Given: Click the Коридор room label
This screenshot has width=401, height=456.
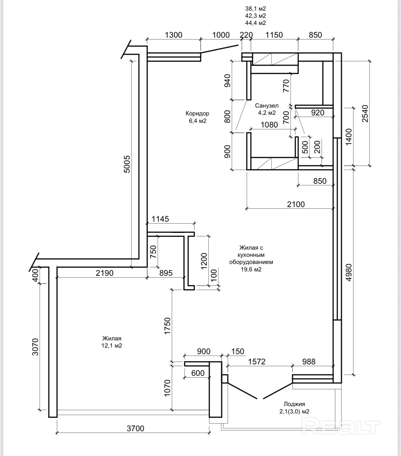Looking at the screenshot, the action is [x=197, y=113].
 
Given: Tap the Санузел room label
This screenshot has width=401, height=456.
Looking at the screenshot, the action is [x=267, y=106].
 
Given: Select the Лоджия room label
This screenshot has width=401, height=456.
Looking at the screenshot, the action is [x=294, y=404].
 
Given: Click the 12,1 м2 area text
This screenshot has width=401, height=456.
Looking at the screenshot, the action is [x=112, y=345].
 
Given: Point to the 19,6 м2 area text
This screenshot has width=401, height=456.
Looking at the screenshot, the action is [x=251, y=269].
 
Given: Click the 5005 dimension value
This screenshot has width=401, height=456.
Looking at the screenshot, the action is [x=127, y=164].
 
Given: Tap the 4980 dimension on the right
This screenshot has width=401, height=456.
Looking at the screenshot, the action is [x=349, y=272].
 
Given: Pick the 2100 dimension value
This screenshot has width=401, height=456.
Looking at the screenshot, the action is [x=296, y=204].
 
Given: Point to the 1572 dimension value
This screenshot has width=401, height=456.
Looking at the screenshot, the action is [x=257, y=362].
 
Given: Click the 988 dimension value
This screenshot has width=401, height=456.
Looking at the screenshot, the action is [x=309, y=362].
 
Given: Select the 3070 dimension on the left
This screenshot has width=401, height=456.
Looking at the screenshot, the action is [x=35, y=347].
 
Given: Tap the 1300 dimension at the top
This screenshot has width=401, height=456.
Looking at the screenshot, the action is [x=173, y=35].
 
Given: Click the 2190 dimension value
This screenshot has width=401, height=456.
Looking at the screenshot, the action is [x=104, y=273].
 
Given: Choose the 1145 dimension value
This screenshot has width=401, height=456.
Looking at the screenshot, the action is [x=160, y=219].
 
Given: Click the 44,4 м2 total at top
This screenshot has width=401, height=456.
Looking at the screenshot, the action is [x=256, y=23].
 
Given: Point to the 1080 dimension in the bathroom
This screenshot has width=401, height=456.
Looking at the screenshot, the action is [x=269, y=124].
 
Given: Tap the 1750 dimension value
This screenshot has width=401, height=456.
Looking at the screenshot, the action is [x=168, y=326].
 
